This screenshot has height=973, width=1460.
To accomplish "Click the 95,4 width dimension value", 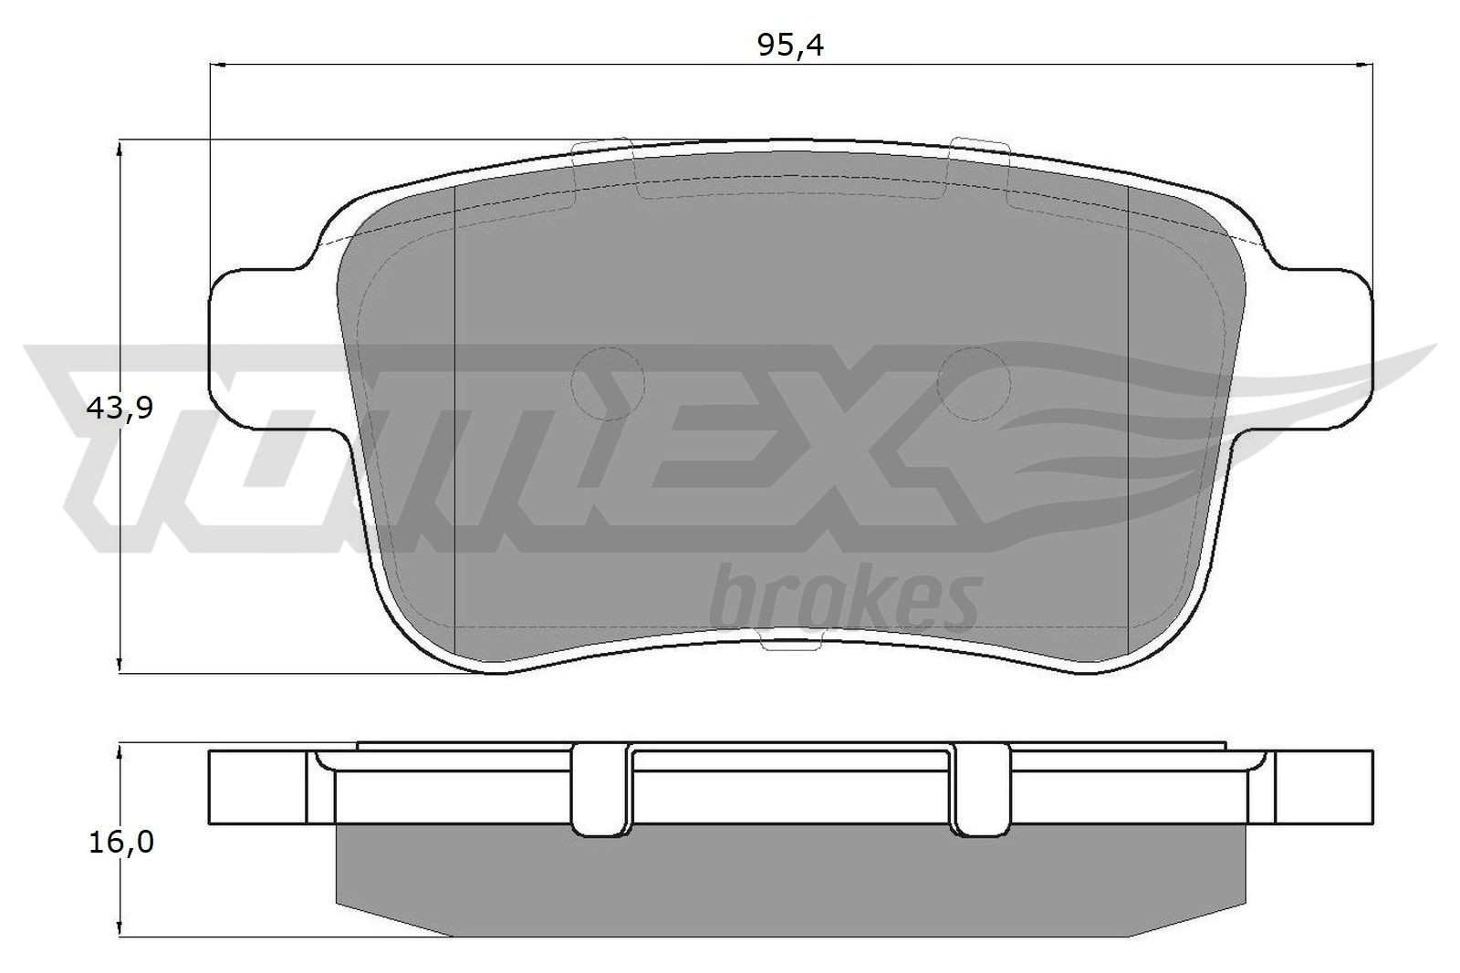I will point(790,45).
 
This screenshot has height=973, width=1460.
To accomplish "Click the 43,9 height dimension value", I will point(119,409).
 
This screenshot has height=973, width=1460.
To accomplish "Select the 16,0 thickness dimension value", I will point(119,843).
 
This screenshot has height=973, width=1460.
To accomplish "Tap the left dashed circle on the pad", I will point(607,384).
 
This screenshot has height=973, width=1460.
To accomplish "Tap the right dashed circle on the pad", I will point(974,384).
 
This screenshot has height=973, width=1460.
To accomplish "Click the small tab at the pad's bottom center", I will point(790,645).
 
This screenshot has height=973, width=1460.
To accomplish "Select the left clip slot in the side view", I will point(603,788).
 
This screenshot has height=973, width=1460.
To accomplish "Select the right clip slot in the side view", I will point(981,788).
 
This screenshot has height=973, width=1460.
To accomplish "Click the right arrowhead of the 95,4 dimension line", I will point(1366,65).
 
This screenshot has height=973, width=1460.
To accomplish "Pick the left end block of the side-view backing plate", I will point(259,786).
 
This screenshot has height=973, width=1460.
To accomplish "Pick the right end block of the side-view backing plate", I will point(1323,786).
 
